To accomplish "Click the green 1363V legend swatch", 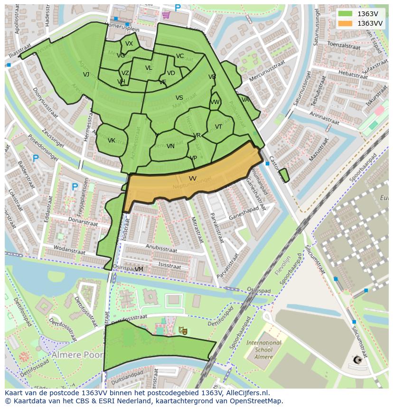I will click(345, 14).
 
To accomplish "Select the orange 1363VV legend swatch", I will click(345, 23).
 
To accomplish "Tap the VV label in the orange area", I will click(192, 178).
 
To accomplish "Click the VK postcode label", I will click(112, 141).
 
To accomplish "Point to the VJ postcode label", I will click(86, 75).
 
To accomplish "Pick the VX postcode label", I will click(129, 44).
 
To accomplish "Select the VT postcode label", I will click(218, 127).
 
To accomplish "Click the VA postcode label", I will click(245, 100).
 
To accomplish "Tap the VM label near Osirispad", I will click(139, 269).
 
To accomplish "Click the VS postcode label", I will click(179, 98).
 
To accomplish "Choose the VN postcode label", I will click(170, 146).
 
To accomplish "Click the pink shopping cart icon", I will click(166, 14).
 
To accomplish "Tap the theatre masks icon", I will click(183, 330).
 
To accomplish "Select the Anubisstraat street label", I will click(161, 249).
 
